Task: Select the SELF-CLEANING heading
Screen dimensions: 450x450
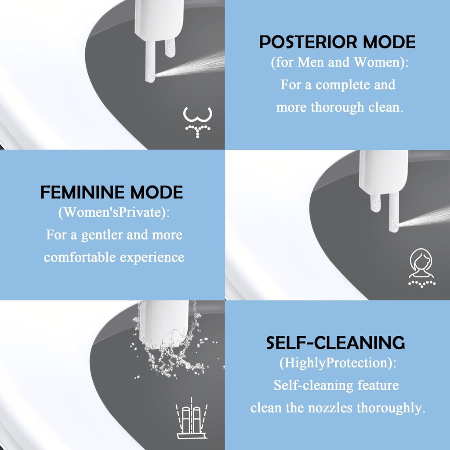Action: [x=335, y=343]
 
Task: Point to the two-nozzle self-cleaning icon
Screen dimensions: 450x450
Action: [x=191, y=421]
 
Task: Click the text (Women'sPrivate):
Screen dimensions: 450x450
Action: [x=114, y=213]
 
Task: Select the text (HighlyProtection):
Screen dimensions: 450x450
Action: [x=338, y=363]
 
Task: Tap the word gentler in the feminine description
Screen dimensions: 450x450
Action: [x=102, y=235]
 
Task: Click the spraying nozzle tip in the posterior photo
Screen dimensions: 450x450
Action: [x=151, y=77]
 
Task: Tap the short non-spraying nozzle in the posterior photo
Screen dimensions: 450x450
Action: [x=170, y=47]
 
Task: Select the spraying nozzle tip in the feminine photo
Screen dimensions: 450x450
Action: [x=394, y=227]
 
